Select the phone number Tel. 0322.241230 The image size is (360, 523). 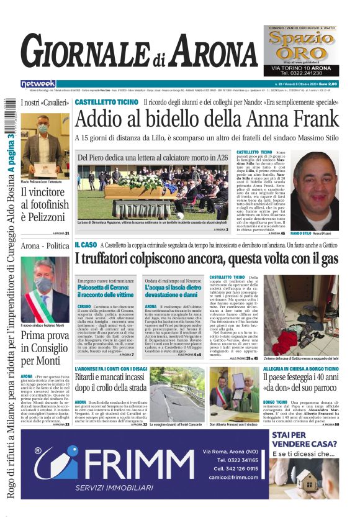click(300, 73)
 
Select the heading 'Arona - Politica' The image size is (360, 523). click(45, 246)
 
